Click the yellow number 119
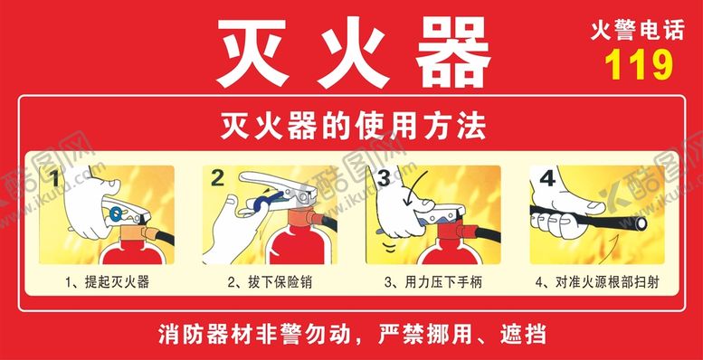point(639,64)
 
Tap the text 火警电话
point(638,32)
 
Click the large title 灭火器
point(354,52)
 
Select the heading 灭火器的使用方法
point(353,127)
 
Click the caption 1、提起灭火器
point(107,282)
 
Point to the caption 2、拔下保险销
point(270,282)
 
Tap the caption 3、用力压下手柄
point(433,282)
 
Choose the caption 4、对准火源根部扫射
point(597,282)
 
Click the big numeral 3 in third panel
point(384,178)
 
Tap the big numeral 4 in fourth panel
point(547,178)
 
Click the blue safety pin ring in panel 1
point(118,213)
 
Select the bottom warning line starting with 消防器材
point(352,334)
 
